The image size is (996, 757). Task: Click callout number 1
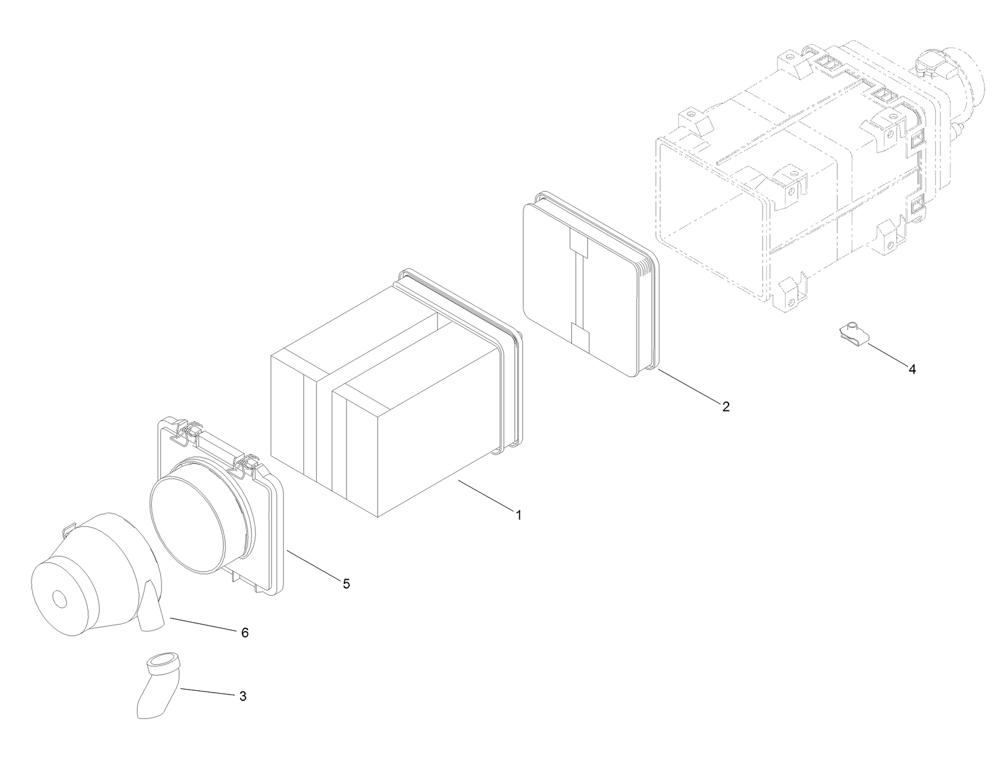coord(518,515)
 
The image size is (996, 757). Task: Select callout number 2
coord(725,407)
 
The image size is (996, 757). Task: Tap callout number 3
coord(243,696)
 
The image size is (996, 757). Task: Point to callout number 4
coord(912,369)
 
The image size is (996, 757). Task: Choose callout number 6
coord(244,633)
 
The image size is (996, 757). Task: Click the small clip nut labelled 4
coord(855,338)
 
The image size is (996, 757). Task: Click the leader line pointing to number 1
coord(485,495)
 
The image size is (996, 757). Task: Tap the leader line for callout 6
coord(203,624)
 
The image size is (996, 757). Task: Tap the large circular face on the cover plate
coord(189,520)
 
